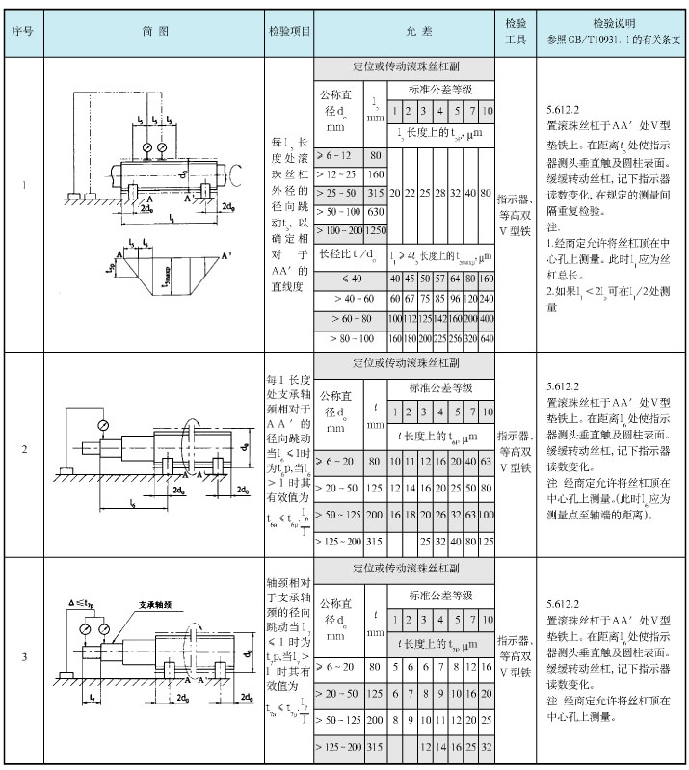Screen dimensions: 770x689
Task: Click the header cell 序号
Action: [23, 31]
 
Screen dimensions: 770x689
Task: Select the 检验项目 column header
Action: [289, 31]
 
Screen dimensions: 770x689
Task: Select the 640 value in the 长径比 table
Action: [488, 339]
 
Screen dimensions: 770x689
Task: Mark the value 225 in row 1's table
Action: [441, 339]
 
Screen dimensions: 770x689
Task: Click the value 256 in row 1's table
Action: [457, 339]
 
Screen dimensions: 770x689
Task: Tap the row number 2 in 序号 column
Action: [23, 450]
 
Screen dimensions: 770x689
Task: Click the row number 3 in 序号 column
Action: [23, 658]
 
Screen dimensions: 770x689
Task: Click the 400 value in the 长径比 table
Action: [488, 319]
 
